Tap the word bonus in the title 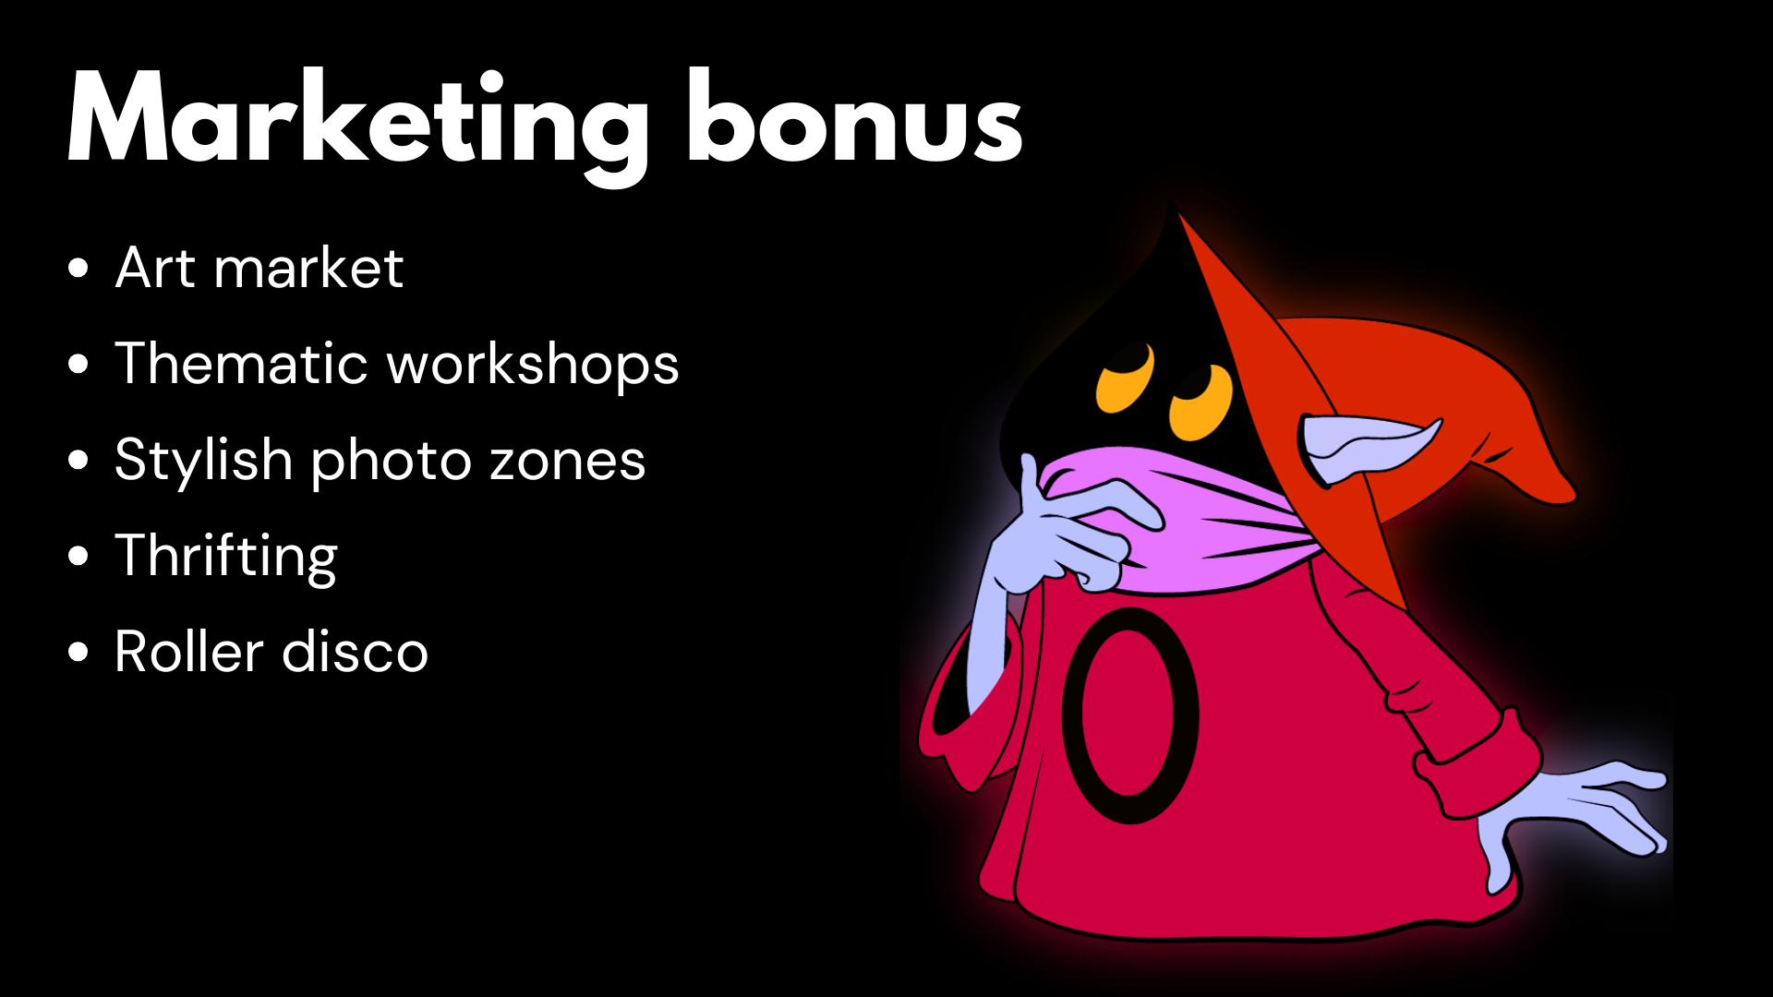(x=855, y=117)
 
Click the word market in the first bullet (x=308, y=268)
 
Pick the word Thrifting (x=226, y=558)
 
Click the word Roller (x=189, y=652)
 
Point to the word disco (x=356, y=652)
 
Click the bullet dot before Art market (x=78, y=269)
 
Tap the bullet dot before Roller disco (x=78, y=652)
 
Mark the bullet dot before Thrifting (x=78, y=556)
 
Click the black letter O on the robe (x=1071, y=715)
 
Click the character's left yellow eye (x=1126, y=378)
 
